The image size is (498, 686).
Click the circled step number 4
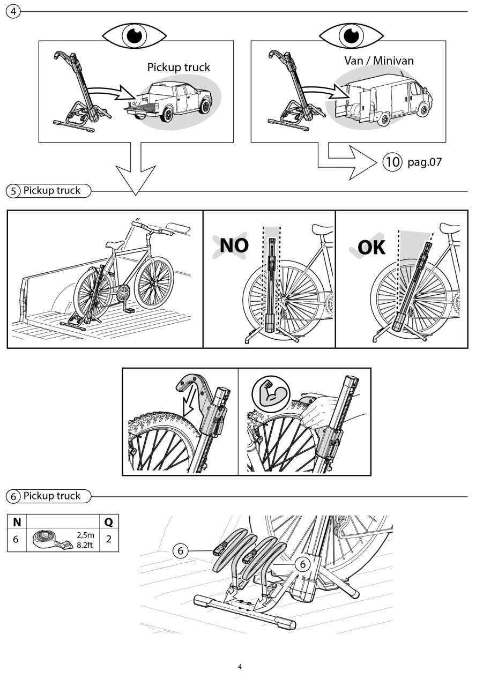point(13,12)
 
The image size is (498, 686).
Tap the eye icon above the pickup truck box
point(134,35)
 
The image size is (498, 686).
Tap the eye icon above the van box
point(351,35)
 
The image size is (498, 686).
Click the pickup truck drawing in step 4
point(168,102)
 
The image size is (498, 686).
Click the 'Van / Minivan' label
point(379,61)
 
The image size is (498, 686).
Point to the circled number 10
point(392,161)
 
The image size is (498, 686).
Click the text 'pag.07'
point(425,161)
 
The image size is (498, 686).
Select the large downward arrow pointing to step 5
point(136,168)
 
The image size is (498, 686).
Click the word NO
point(234,245)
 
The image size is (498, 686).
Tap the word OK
point(371,247)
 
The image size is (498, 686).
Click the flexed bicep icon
point(271,394)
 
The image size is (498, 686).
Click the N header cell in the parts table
point(17,522)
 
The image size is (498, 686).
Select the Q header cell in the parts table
point(109,522)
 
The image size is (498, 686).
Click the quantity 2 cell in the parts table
point(109,540)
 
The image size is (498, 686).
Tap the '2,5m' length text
point(85,535)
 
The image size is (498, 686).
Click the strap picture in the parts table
point(53,540)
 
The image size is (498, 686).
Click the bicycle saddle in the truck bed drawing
point(115,244)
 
